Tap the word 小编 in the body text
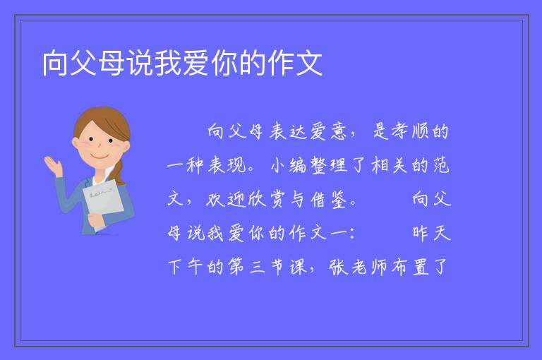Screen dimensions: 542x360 pyautogui.click(x=288, y=165)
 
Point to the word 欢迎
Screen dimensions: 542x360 pyautogui.click(x=226, y=199)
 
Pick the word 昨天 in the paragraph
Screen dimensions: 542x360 pyautogui.click(x=431, y=233)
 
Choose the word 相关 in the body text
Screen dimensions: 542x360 pyautogui.click(x=390, y=165)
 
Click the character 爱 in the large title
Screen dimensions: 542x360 pyautogui.click(x=196, y=63)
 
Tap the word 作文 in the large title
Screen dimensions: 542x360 pyautogui.click(x=296, y=63)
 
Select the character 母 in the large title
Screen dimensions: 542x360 pyautogui.click(x=112, y=63)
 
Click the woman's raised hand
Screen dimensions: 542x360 pyautogui.click(x=54, y=166)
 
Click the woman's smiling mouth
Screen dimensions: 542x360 pyautogui.click(x=100, y=157)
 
